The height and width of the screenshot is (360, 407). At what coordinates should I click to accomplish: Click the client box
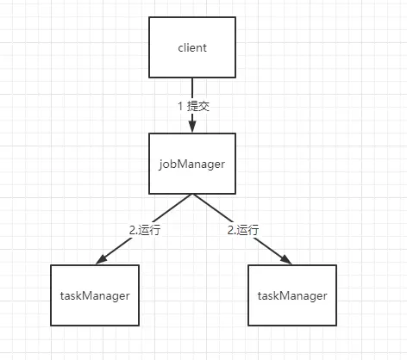click(192, 47)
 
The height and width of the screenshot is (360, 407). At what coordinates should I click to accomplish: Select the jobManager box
click(192, 164)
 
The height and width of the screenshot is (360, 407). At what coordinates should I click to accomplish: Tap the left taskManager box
click(95, 295)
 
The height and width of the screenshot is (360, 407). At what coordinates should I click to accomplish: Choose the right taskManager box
click(292, 295)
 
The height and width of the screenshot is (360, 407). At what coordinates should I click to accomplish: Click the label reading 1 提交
click(194, 106)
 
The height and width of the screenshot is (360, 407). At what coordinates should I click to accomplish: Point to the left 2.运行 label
click(145, 230)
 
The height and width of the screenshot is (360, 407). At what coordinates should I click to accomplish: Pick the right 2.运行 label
click(243, 230)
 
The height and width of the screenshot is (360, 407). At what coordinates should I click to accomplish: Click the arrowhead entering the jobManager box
click(192, 127)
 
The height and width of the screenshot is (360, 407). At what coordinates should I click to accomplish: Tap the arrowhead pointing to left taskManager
click(101, 259)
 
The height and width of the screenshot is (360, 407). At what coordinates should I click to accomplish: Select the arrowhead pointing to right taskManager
click(285, 259)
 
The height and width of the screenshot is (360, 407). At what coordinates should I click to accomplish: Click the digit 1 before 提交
click(180, 106)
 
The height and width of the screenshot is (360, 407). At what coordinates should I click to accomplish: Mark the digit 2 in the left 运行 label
click(132, 230)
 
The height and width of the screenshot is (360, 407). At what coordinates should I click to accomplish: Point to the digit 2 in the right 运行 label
click(230, 230)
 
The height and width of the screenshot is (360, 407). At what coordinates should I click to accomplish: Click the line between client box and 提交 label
click(192, 89)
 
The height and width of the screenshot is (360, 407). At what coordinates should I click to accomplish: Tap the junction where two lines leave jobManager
click(192, 195)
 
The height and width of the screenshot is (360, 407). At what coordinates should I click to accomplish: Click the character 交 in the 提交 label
click(203, 106)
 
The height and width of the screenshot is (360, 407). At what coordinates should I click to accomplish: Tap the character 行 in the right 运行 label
click(254, 230)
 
